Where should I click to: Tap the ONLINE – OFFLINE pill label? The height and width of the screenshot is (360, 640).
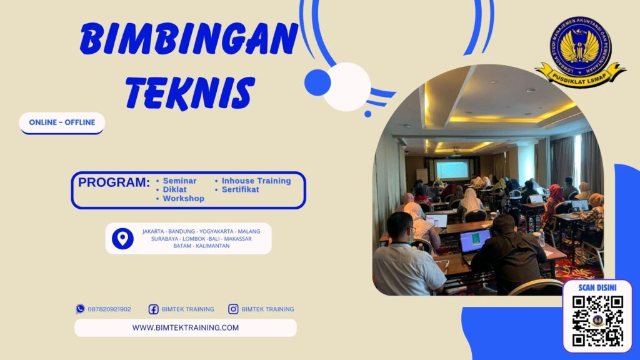click(62, 122)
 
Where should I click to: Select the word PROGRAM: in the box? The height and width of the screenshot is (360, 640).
click(114, 182)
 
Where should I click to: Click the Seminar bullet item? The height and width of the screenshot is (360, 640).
click(179, 181)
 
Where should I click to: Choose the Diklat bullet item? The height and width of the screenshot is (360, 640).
click(174, 189)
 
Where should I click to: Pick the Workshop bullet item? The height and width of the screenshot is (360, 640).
click(183, 198)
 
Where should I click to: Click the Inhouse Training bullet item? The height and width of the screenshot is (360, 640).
click(256, 181)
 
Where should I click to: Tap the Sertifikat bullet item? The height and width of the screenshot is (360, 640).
click(240, 189)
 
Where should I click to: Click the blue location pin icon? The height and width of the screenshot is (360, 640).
click(122, 238)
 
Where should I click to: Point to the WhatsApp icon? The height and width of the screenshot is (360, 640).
click(80, 309)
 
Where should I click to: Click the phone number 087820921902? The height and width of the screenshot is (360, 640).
click(109, 309)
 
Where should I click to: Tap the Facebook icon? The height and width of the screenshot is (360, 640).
click(153, 309)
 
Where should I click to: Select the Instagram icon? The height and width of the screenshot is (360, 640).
click(233, 309)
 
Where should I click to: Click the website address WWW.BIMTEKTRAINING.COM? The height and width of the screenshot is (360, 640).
click(185, 327)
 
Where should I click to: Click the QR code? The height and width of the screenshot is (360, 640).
click(597, 321)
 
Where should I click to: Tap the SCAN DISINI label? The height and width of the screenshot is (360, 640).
click(597, 287)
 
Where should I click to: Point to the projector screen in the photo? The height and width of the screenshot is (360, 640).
click(452, 169)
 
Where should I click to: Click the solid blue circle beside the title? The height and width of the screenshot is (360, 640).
click(317, 82)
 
